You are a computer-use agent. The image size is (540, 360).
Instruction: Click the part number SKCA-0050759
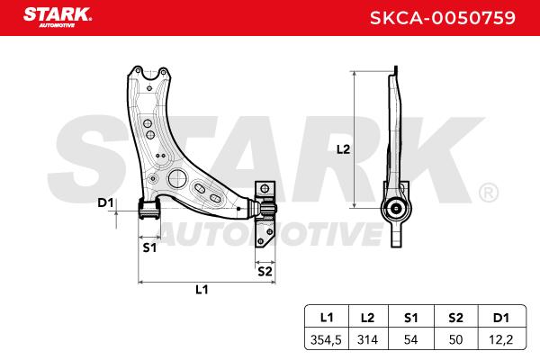tap(443, 18)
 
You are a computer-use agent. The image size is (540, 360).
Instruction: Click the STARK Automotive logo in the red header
tap(58, 18)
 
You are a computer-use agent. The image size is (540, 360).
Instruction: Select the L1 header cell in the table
tap(327, 318)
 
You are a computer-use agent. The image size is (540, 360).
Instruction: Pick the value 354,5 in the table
tap(326, 339)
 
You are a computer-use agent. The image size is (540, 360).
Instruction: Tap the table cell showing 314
tap(367, 339)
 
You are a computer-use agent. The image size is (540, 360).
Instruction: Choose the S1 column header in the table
tap(411, 318)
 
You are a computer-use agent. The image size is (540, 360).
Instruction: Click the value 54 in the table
tap(411, 339)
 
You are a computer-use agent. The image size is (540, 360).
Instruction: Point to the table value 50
tap(455, 339)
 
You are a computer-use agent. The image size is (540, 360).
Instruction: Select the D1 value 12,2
tap(501, 339)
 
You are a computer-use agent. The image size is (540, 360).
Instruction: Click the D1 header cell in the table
tap(501, 318)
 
